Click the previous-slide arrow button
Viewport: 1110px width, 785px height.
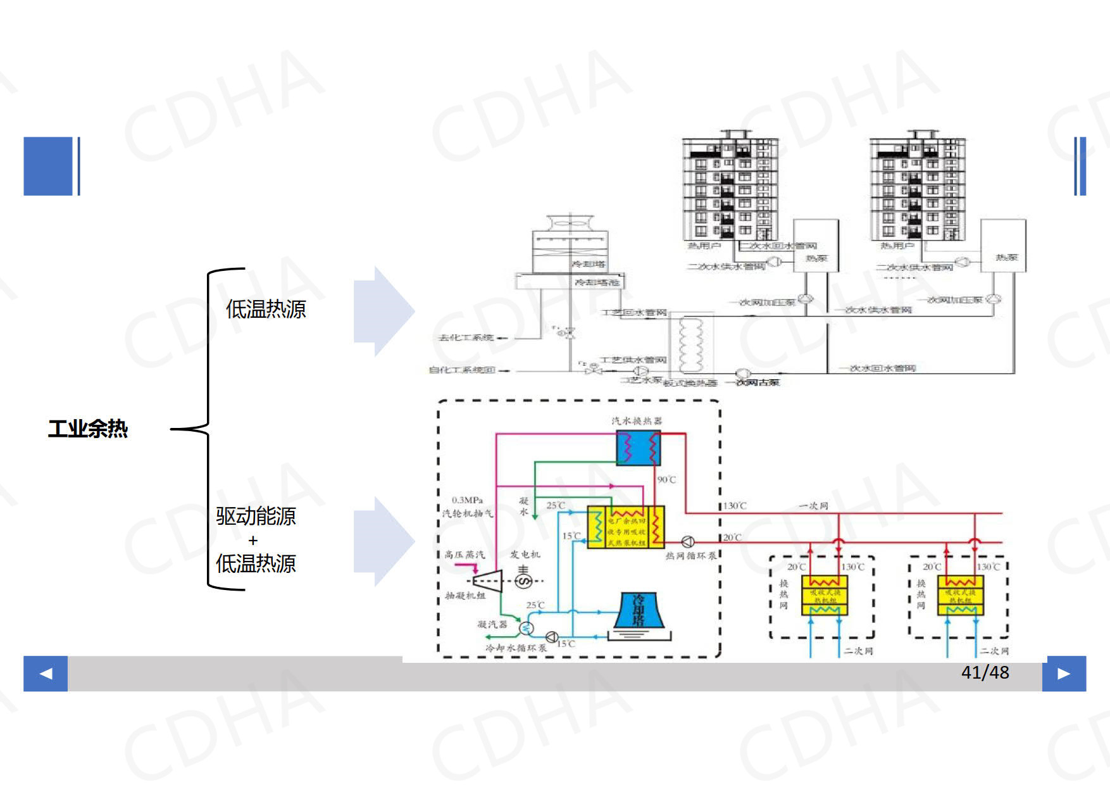pos(46,673)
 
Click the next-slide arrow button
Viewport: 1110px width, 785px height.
pos(1064,673)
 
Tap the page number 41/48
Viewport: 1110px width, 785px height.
pos(985,672)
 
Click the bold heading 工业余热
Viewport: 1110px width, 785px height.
pos(88,429)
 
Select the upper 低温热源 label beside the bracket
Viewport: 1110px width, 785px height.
pos(266,309)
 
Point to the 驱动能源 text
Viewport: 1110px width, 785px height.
pos(256,516)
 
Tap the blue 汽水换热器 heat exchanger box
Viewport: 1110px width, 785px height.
pos(638,448)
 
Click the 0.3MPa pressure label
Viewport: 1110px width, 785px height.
pos(467,500)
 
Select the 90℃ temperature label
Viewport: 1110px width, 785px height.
pos(666,480)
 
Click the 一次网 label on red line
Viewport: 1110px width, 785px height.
pos(813,506)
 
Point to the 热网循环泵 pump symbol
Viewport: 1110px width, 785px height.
pos(688,542)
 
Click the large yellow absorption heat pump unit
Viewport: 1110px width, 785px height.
pos(626,527)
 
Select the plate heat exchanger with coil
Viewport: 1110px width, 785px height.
pos(691,345)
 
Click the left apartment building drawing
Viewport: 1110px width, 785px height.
pos(730,187)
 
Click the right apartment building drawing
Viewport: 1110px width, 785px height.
pos(917,187)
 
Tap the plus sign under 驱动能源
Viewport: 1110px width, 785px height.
pos(253,541)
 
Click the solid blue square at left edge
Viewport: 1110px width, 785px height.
pos(48,166)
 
